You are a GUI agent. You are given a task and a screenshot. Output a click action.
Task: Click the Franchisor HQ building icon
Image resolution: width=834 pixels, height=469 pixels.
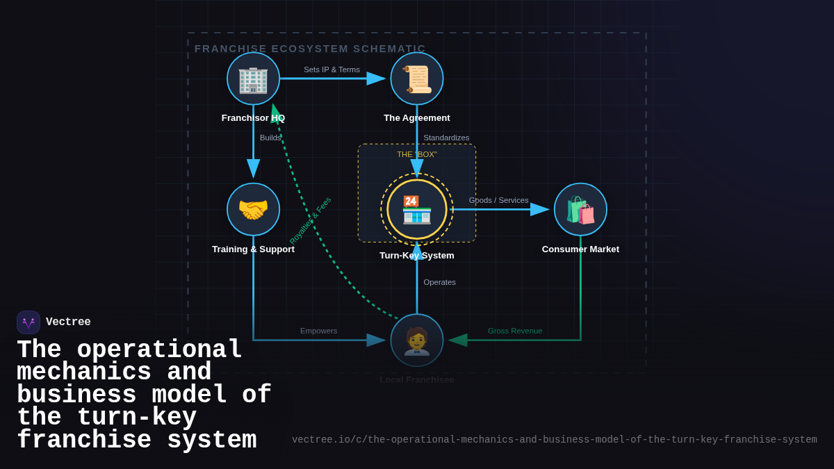coord(253,79)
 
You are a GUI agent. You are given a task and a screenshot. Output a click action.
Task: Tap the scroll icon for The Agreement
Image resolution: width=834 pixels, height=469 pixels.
coord(417,79)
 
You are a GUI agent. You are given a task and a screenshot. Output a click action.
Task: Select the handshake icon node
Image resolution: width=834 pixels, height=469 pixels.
coord(253,210)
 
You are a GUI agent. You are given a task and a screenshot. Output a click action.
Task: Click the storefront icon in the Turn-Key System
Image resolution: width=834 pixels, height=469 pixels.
coord(417,210)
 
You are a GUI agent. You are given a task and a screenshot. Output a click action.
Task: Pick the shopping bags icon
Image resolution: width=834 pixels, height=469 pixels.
coord(580,210)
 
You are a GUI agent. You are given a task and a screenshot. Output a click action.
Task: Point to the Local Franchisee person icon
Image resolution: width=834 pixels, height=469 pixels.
coord(417,340)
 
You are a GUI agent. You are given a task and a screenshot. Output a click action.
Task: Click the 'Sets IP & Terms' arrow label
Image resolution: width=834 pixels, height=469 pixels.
coord(332,69)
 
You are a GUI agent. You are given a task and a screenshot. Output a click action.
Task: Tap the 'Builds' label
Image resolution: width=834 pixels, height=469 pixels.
coord(270,138)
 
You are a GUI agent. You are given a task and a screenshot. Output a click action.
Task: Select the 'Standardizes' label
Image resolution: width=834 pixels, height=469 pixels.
coord(446,138)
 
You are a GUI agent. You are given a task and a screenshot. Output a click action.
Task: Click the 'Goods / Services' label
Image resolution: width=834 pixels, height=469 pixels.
coord(498,200)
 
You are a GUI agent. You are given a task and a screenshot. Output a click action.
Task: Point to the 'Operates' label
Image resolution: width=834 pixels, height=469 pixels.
coord(439,282)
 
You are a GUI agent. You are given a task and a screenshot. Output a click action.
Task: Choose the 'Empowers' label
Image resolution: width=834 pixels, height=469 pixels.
coord(318,331)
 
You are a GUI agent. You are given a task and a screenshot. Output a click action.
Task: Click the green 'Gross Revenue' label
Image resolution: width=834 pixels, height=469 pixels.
coord(515,331)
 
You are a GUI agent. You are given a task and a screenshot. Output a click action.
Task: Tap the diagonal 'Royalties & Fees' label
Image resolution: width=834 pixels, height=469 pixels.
coord(310,220)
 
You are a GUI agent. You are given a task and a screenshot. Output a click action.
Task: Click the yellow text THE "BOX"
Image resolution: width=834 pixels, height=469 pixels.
coord(417,154)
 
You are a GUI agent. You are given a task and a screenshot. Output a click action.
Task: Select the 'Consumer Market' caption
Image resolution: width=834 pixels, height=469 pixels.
coord(580,249)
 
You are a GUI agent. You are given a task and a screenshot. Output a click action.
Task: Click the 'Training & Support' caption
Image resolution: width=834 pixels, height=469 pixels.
coord(253,249)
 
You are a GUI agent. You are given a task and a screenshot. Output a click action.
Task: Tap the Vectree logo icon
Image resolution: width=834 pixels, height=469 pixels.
coord(28,322)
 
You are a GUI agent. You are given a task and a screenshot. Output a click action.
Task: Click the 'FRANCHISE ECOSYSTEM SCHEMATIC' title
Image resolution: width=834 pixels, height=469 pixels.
coord(310,49)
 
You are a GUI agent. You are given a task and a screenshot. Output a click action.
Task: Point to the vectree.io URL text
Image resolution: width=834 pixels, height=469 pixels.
coord(554,440)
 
